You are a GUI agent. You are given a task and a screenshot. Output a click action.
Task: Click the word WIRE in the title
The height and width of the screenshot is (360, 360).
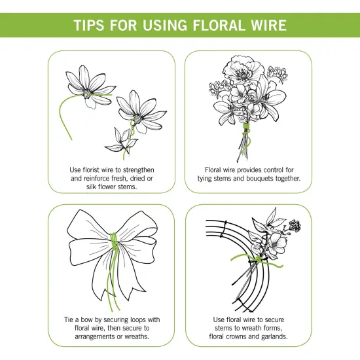[266, 26]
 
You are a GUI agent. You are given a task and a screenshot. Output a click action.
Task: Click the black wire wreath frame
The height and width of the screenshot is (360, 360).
[213, 262]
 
